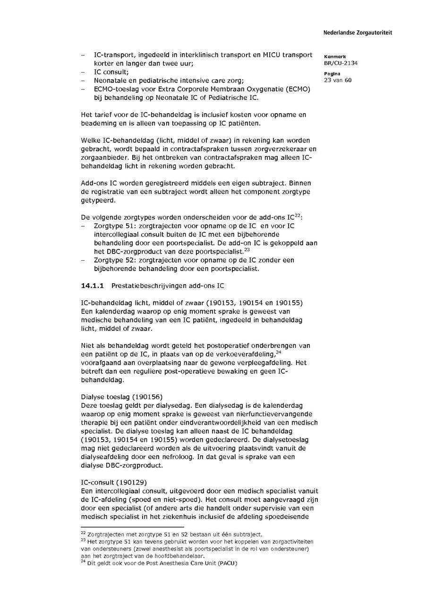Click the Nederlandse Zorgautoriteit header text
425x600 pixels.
(x=357, y=33)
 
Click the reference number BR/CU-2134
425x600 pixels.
(x=340, y=63)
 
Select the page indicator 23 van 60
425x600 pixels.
(x=338, y=80)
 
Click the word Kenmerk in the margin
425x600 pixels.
(x=335, y=57)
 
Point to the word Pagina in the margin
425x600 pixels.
(x=332, y=74)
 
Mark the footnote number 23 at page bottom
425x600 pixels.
(x=84, y=540)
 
